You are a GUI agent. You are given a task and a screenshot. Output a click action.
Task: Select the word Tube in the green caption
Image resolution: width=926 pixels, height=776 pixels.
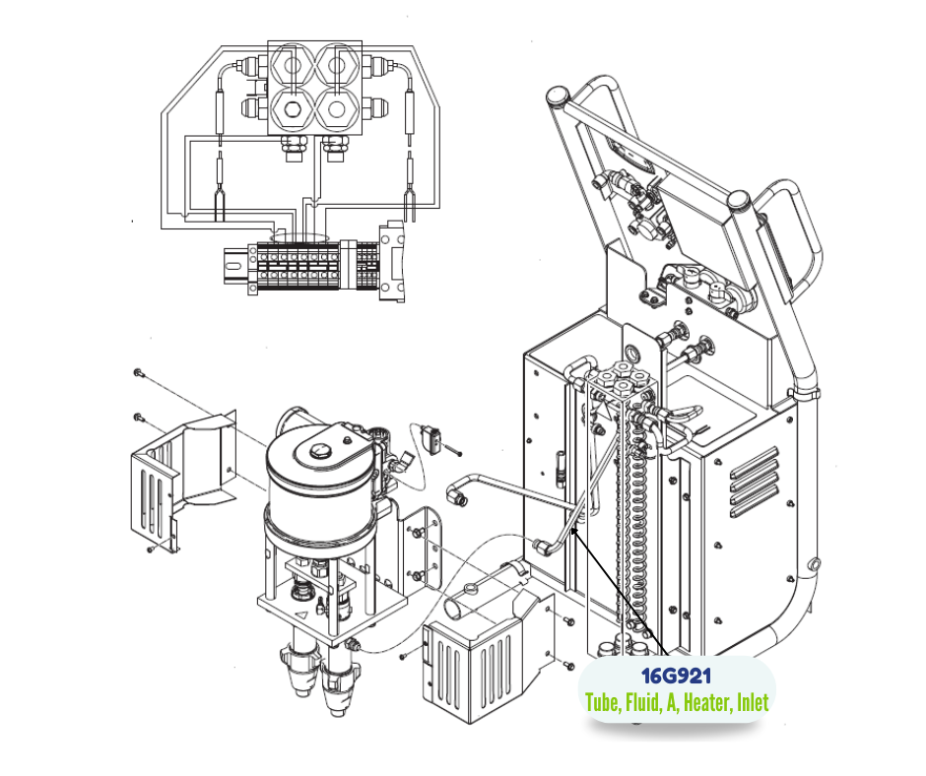tap(603, 702)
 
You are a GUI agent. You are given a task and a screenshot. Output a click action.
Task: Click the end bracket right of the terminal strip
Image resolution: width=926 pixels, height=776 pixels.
tap(393, 262)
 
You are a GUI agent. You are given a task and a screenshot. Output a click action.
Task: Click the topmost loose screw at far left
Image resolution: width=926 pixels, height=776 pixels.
tap(139, 373)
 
